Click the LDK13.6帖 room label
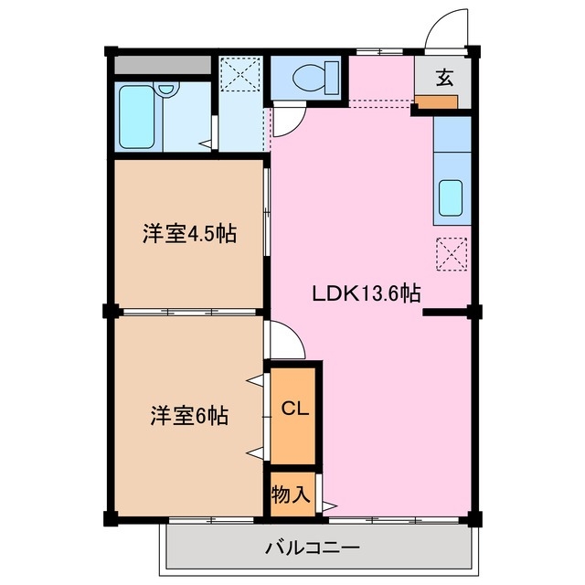pyautogui.click(x=367, y=294)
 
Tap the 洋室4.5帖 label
pyautogui.click(x=189, y=233)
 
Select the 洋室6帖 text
pyautogui.click(x=189, y=416)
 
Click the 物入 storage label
pyautogui.click(x=291, y=495)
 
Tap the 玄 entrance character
pyautogui.click(x=443, y=78)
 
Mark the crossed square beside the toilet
pyautogui.click(x=239, y=75)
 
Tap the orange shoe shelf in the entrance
pyautogui.click(x=438, y=101)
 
